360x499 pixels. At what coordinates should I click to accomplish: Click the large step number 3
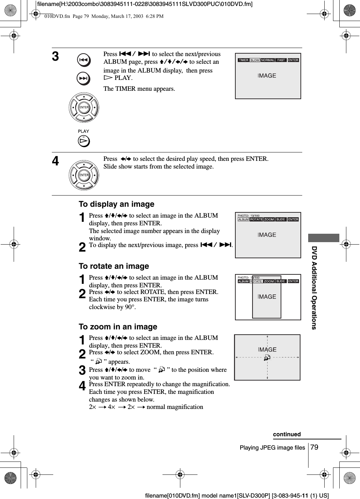point(56,57)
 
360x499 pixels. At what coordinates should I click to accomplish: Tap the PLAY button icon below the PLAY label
point(84,141)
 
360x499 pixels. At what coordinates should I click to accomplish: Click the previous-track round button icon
point(84,60)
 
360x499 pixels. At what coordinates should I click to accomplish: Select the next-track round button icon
point(84,79)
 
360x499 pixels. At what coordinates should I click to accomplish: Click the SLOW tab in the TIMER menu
point(255,60)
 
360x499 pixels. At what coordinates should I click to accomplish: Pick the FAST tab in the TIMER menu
point(281,60)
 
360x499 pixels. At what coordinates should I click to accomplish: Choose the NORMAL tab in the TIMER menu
point(268,60)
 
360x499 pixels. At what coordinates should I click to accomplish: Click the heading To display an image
point(116,204)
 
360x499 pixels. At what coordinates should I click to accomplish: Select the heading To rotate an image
point(114,266)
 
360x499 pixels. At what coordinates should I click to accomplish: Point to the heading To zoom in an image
point(118,327)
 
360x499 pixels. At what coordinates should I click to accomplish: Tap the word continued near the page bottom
point(287,434)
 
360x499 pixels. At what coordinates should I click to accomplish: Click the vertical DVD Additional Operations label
point(314,288)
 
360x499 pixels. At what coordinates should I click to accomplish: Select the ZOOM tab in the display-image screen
point(269,219)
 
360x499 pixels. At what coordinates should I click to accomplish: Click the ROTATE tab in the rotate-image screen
point(256,281)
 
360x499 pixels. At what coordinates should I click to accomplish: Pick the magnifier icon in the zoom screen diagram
point(267,357)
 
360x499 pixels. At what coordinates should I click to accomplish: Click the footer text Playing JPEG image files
point(272,447)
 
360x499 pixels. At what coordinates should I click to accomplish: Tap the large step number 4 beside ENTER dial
point(56,162)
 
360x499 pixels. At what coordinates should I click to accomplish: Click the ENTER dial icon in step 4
point(84,175)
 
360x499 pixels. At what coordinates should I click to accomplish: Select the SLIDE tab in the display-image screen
point(281,219)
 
